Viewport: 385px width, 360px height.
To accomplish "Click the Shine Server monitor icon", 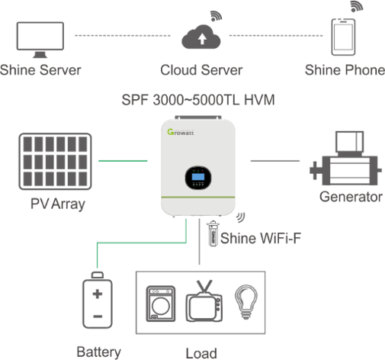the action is click(40, 38).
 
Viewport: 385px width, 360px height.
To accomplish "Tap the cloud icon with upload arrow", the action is click(201, 37).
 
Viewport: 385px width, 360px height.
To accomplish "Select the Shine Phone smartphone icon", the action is click(343, 37).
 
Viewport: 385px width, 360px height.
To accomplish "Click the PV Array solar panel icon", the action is click(55, 162).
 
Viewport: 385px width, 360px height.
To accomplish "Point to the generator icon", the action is click(345, 158).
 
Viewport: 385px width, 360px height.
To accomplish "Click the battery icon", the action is click(98, 300).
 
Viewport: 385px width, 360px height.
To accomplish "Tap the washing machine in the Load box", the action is click(161, 304).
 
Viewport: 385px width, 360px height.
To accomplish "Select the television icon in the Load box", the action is click(204, 301).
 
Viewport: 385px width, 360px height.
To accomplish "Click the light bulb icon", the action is click(245, 302).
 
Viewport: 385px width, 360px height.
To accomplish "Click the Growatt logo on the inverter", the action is click(181, 132).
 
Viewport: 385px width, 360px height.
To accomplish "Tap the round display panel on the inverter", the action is click(198, 178).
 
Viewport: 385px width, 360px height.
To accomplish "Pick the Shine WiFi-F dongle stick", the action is click(213, 233).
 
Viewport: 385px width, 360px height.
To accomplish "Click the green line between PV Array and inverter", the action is click(123, 161).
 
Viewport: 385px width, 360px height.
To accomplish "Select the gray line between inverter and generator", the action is click(275, 161).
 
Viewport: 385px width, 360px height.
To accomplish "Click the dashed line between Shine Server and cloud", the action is click(123, 36).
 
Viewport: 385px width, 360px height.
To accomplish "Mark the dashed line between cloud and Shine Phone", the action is click(276, 36).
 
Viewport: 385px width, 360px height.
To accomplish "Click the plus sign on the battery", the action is click(98, 294).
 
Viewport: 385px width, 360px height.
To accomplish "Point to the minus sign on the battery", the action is click(98, 317).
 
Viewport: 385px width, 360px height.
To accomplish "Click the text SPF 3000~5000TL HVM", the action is click(198, 100).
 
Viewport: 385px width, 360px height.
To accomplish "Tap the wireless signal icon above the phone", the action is click(357, 6).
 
